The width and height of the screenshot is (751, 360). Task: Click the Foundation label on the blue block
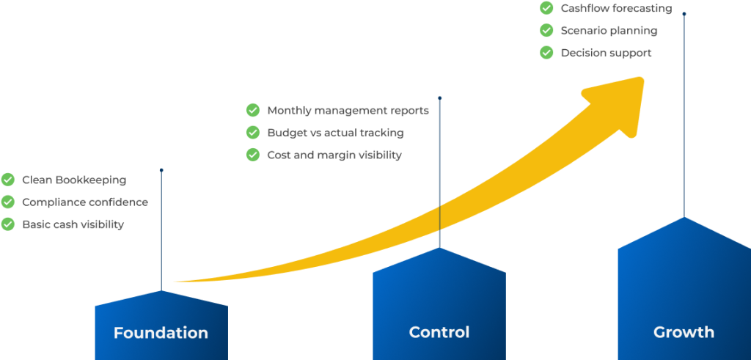[161, 333]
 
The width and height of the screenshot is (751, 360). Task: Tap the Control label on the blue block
[439, 332]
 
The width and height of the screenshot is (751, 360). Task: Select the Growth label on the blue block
[684, 332]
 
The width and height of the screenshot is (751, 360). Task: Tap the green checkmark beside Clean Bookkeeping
[8, 180]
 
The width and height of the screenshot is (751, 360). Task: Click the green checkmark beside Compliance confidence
[8, 202]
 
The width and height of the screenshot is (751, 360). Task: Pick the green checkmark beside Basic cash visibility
[8, 224]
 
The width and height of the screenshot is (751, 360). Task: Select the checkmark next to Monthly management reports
[253, 111]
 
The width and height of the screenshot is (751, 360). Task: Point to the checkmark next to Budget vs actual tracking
[253, 133]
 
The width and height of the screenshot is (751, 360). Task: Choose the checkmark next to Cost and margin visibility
[253, 155]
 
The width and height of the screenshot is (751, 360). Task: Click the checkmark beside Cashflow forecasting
[546, 8]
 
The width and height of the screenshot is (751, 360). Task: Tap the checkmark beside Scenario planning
[546, 31]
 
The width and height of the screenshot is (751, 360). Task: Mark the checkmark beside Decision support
[546, 53]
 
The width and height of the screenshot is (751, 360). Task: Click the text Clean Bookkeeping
[74, 180]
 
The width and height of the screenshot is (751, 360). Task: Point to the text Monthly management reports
[348, 111]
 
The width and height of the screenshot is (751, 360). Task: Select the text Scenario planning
[609, 31]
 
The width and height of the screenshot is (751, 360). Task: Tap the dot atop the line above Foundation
[161, 170]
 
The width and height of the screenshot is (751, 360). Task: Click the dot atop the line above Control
[439, 97]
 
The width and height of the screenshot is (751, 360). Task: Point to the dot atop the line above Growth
[684, 13]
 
